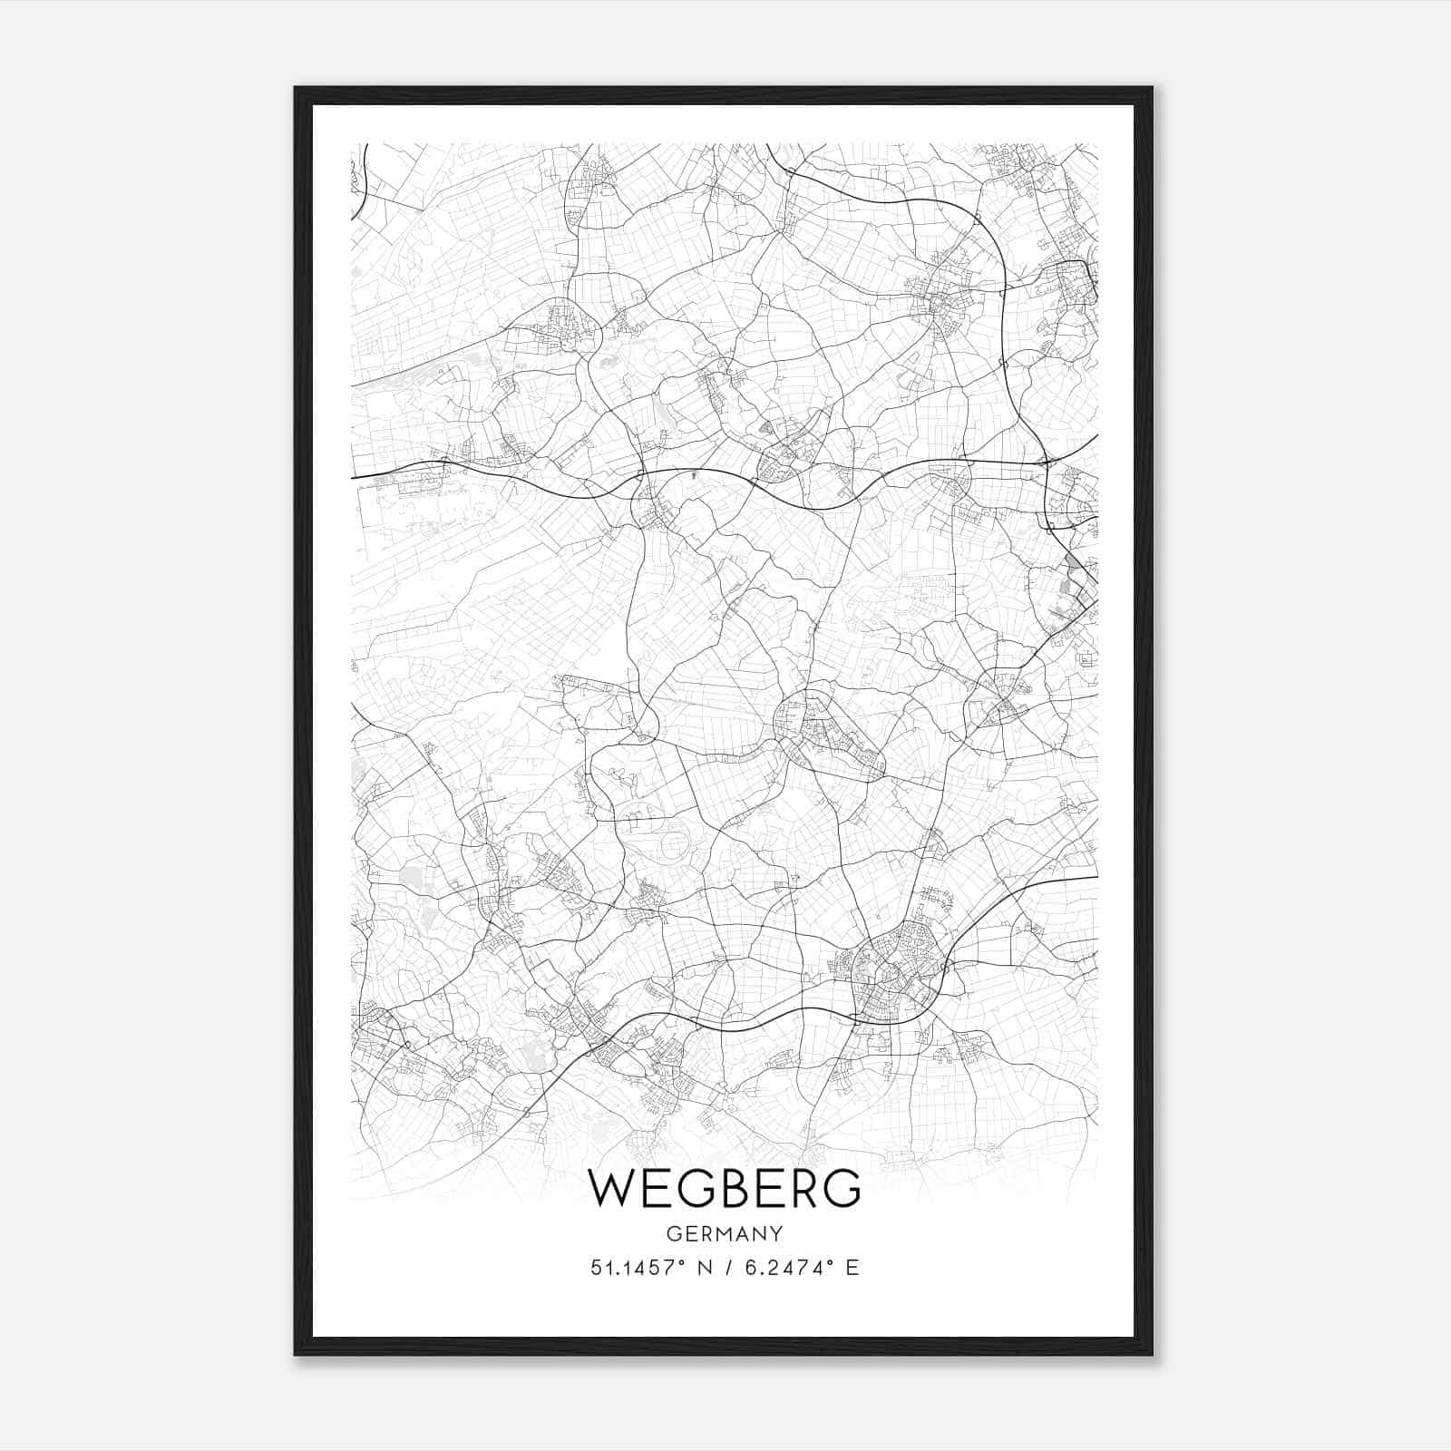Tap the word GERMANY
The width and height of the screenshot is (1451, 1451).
[725, 1233]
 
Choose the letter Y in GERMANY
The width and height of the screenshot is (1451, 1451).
[774, 1233]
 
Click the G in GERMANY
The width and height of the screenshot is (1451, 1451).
[673, 1233]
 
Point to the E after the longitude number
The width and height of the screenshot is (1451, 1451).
[852, 1268]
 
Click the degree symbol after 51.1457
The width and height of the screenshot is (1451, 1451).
[682, 1262]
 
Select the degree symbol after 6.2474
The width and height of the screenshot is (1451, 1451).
[829, 1262]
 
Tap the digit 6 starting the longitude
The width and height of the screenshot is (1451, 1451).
[750, 1268]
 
